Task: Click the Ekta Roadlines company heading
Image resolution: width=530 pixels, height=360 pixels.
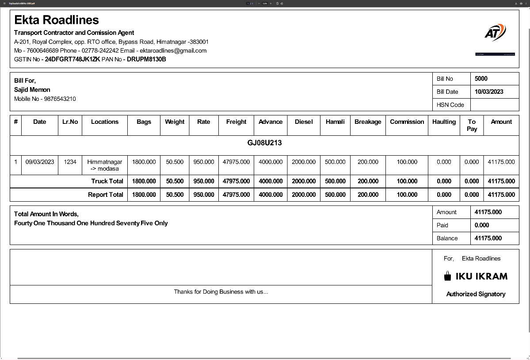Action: (x=56, y=20)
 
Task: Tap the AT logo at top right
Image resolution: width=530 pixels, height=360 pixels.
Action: (x=495, y=33)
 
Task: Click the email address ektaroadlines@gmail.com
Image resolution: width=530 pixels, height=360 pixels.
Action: (x=173, y=50)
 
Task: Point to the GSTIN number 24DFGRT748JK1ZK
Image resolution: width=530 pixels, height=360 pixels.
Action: (x=72, y=59)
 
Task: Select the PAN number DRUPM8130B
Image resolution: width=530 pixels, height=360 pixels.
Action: (x=146, y=59)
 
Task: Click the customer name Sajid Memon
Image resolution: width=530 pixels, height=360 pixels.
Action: (x=32, y=90)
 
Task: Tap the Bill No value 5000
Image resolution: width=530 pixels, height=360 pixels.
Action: (x=481, y=79)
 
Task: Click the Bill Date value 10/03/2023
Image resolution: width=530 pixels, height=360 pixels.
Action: (x=489, y=92)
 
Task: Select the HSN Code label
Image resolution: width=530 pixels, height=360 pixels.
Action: (x=450, y=105)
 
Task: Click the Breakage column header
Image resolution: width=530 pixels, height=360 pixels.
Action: (x=368, y=122)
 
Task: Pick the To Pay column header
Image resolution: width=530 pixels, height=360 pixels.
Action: (x=472, y=125)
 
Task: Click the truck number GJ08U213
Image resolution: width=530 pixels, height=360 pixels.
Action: (x=264, y=143)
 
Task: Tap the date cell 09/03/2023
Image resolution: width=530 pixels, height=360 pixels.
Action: (x=40, y=162)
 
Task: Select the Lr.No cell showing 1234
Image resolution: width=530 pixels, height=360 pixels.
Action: (x=70, y=162)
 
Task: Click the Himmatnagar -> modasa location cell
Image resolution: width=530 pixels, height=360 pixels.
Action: (x=105, y=165)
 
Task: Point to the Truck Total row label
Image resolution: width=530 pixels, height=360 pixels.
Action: (x=107, y=181)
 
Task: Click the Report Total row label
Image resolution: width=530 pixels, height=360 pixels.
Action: (x=105, y=195)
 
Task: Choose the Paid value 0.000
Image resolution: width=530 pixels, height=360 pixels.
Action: (x=482, y=225)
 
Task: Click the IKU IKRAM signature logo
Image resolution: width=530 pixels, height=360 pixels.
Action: (x=476, y=276)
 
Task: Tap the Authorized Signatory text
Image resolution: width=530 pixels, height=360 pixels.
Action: (x=476, y=294)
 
